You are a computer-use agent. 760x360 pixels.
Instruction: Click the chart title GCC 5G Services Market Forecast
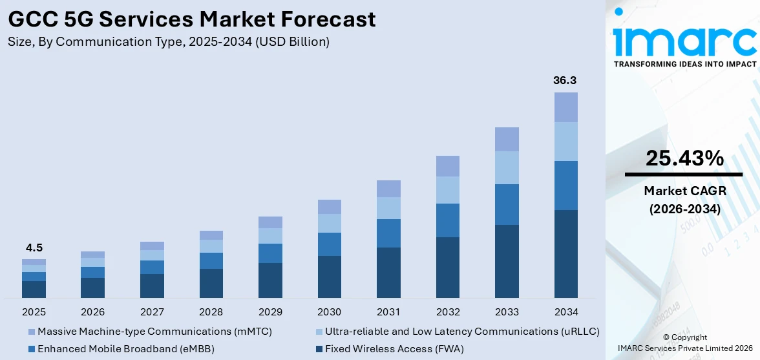[x=192, y=19]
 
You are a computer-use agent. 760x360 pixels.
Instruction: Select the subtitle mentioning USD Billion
[x=169, y=42]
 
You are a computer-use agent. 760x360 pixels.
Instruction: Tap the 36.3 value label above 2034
[x=565, y=81]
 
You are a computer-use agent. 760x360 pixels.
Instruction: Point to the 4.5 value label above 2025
[x=34, y=248]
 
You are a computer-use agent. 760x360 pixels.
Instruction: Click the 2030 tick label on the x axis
[x=329, y=312]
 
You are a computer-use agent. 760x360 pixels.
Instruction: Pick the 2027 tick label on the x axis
[x=152, y=312]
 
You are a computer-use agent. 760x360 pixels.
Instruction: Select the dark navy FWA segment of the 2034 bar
[x=565, y=253]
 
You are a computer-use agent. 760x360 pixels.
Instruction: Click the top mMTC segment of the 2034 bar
[x=565, y=107]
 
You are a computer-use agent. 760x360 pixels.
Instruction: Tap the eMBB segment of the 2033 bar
[x=507, y=204]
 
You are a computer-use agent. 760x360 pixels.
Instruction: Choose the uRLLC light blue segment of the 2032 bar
[x=447, y=190]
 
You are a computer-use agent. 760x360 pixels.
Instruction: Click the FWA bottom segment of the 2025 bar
[x=34, y=289]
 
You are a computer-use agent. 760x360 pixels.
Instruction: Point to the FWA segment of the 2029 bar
[x=270, y=280]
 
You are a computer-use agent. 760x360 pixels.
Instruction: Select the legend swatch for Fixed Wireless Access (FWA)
[x=319, y=349]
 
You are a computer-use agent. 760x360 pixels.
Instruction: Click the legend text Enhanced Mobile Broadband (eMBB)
[x=125, y=349]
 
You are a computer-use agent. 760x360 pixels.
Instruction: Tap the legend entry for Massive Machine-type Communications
[x=154, y=332]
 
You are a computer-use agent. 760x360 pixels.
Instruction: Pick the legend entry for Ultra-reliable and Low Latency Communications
[x=461, y=332]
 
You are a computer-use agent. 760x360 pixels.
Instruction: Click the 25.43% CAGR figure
[x=684, y=158]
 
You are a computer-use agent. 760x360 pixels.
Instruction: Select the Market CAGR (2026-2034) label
[x=684, y=200]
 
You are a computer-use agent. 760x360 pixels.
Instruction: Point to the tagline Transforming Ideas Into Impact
[x=684, y=64]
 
